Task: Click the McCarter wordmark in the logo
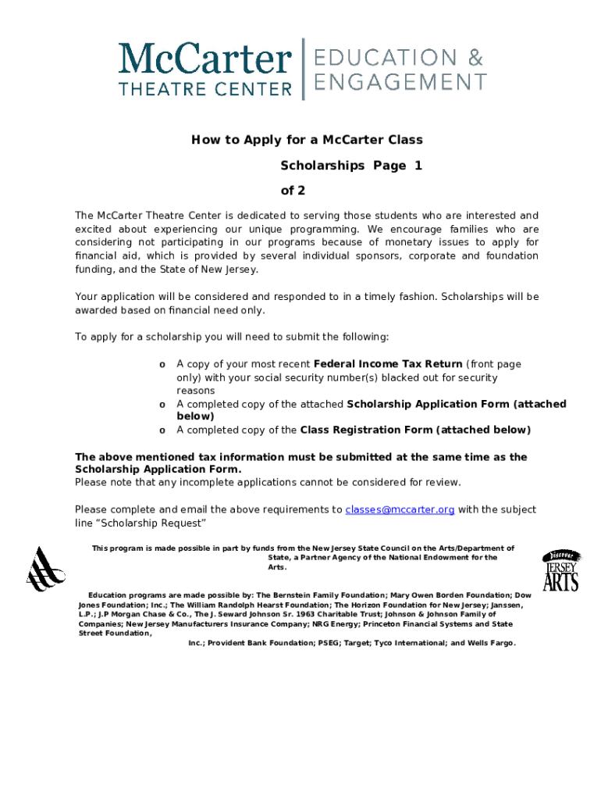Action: (204, 60)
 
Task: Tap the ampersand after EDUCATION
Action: (475, 57)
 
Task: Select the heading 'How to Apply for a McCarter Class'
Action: (307, 140)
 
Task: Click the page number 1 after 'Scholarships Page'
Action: (418, 166)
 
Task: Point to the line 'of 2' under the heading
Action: (293, 191)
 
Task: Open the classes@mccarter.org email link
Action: (400, 509)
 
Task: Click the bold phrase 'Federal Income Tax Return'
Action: (387, 364)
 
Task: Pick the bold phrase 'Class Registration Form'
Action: (366, 430)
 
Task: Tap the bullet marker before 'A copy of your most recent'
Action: (162, 365)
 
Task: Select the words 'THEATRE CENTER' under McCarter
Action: (204, 89)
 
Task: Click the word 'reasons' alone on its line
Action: (195, 391)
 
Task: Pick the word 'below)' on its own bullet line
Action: (195, 416)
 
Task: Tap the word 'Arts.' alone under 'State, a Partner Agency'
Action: (277, 567)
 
